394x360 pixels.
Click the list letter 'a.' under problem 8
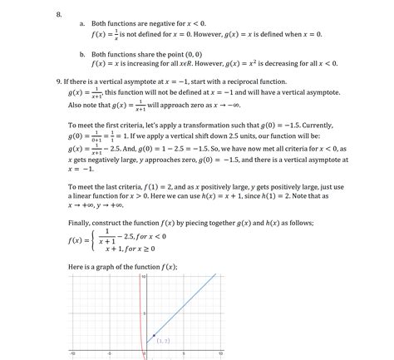81,26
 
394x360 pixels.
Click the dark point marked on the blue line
155,335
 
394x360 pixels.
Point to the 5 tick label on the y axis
144,314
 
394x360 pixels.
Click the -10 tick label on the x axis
72,353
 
